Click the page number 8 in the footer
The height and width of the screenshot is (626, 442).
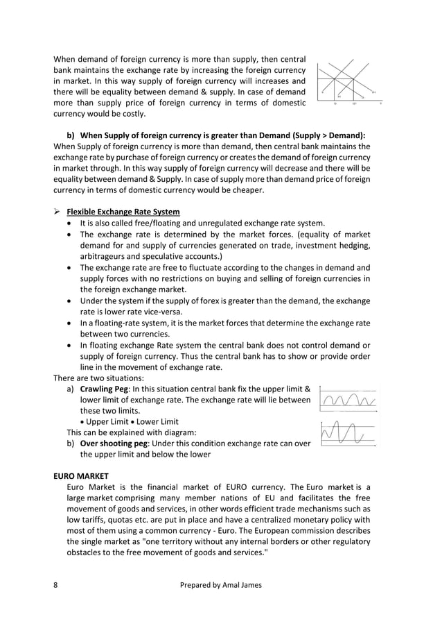[x=56, y=585]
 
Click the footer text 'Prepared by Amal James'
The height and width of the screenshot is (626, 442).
[x=220, y=585]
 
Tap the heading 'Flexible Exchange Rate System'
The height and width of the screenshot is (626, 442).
[x=123, y=211]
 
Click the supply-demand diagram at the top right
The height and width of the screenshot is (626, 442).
[x=348, y=83]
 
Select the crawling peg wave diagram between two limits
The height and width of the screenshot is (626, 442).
[x=348, y=399]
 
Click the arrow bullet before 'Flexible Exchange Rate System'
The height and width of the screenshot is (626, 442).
[x=58, y=211]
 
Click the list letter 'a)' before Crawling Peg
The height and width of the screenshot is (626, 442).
[x=71, y=389]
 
